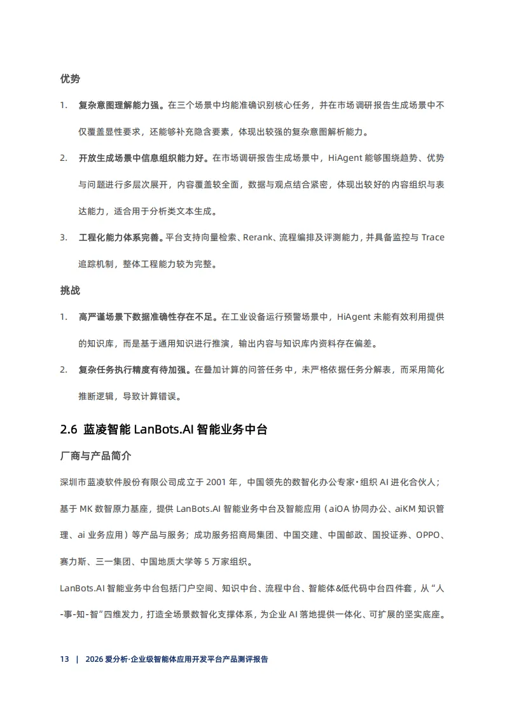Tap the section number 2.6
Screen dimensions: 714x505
point(69,429)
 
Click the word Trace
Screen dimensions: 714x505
point(432,237)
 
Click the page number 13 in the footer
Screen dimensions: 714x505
point(64,659)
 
